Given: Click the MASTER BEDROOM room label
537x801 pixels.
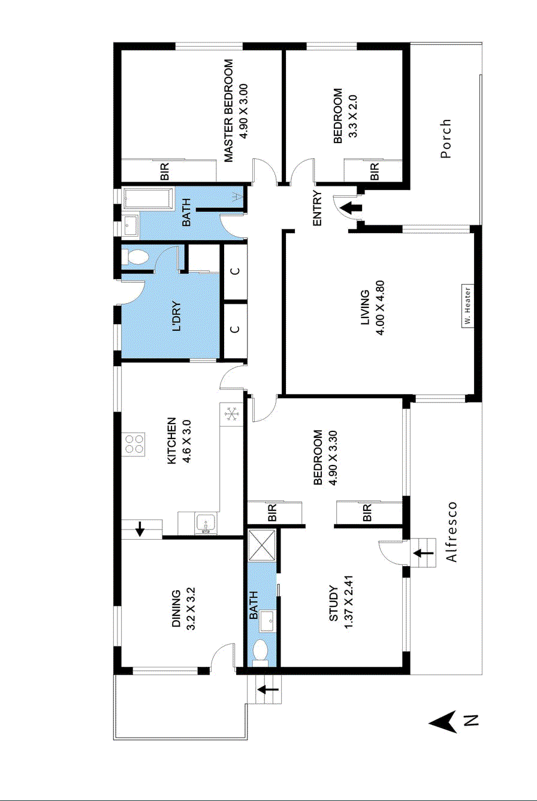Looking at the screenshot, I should click(229, 111).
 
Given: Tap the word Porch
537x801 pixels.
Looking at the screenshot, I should click(445, 139).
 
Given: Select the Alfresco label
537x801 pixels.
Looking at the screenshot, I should click(452, 532).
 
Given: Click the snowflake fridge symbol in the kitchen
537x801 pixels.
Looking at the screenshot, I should click(231, 413).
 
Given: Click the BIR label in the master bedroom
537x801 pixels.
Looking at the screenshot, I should click(165, 173).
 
